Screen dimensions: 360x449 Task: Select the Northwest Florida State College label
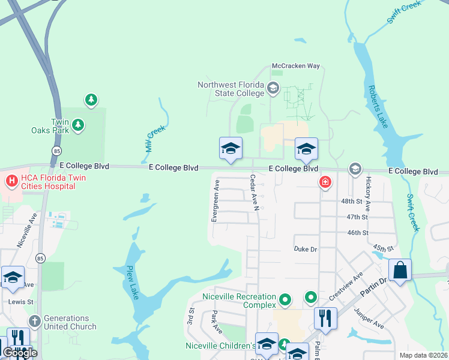[x=231, y=89]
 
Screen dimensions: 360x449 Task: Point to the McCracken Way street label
[x=296, y=66]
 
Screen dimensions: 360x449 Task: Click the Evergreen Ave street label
[x=214, y=200]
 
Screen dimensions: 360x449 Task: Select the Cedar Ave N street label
[x=254, y=193]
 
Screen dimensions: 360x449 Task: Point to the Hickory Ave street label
[x=368, y=193]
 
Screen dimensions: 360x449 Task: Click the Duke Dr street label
[x=305, y=249]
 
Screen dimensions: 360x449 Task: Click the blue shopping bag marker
[x=400, y=270]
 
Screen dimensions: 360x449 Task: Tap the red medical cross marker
[x=325, y=181]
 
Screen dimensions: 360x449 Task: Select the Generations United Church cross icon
[x=34, y=322]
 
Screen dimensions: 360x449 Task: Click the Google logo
[x=19, y=352]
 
